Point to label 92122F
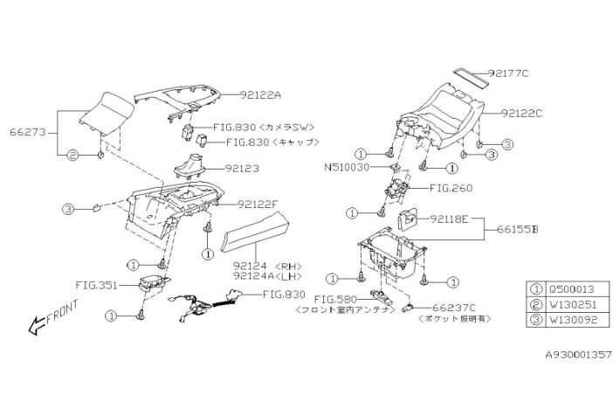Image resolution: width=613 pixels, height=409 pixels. (x=258, y=204)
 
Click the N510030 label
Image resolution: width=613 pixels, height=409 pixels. (x=348, y=166)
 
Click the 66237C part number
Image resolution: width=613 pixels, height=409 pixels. (x=453, y=308)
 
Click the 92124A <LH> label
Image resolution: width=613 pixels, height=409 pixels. (x=260, y=274)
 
